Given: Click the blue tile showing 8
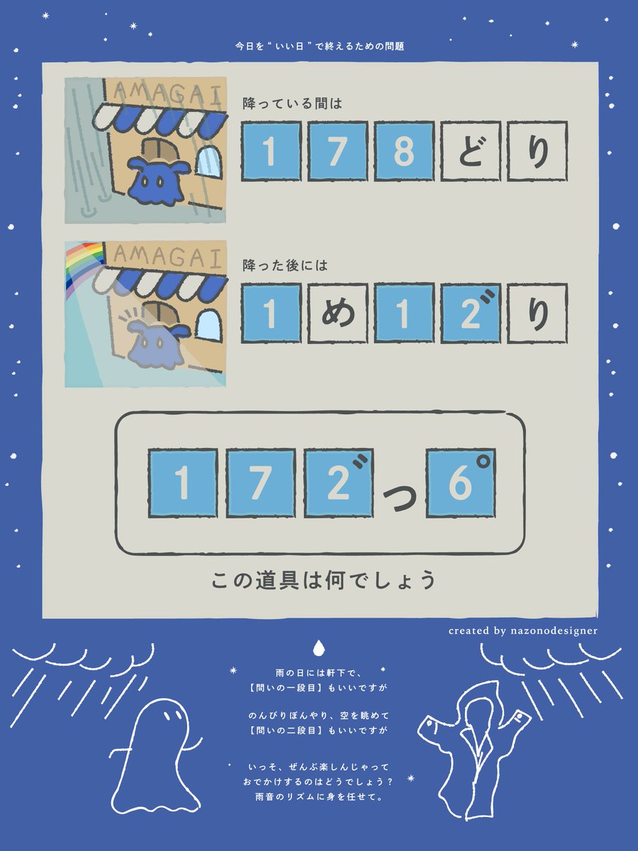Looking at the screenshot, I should tap(403, 151).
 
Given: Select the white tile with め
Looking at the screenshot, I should tap(337, 313).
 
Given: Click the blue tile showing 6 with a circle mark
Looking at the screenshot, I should tap(461, 482).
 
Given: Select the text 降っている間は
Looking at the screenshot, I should tap(292, 104).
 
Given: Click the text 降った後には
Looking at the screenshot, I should tap(286, 267).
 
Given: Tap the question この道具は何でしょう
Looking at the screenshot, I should tap(323, 581).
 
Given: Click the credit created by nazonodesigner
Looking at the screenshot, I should tap(522, 630).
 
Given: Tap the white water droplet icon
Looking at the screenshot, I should tap(319, 647).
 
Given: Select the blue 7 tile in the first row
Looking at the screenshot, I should tap(337, 151).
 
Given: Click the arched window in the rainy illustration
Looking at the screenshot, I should tap(209, 161).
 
